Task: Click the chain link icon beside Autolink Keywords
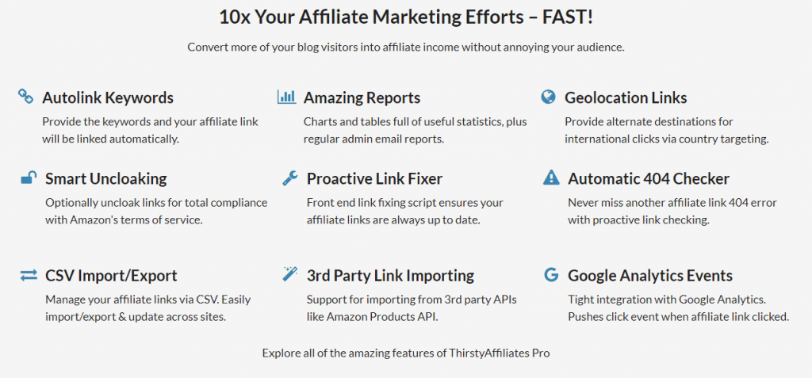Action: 25,97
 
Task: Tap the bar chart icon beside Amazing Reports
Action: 287,97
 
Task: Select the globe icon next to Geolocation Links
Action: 548,97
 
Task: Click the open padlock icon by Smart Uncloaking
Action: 29,178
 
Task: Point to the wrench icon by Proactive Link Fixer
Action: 290,178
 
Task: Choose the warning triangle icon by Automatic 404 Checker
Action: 551,178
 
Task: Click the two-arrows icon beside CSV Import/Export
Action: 29,275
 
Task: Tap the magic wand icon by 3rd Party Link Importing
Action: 290,274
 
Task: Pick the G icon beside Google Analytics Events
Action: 552,274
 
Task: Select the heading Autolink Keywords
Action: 108,97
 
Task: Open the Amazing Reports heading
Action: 362,97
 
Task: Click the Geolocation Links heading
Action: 626,97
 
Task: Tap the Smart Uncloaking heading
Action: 106,179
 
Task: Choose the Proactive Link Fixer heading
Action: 374,179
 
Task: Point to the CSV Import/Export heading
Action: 111,276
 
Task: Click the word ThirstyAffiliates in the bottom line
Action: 496,353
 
